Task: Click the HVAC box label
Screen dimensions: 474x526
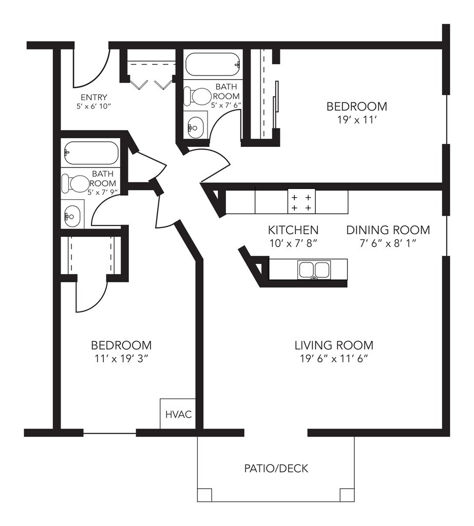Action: click(179, 415)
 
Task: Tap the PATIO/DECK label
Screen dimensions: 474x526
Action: click(276, 468)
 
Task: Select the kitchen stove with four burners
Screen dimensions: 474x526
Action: click(301, 202)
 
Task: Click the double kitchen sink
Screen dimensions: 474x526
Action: click(314, 269)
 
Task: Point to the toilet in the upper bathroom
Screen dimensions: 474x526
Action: click(197, 96)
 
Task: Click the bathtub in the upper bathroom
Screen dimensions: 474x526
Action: click(213, 64)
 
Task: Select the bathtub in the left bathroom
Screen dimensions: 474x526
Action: click(91, 153)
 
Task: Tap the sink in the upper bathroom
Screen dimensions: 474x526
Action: click(195, 127)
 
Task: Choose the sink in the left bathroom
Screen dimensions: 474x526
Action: click(72, 216)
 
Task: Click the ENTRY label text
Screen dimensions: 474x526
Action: click(94, 97)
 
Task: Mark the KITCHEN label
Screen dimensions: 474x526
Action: click(293, 230)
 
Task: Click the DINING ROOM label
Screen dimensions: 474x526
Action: click(388, 230)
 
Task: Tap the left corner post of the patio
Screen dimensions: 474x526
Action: click(204, 495)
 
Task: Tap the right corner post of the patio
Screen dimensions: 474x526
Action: click(347, 495)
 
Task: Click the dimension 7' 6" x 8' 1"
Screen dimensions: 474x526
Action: click(388, 243)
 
